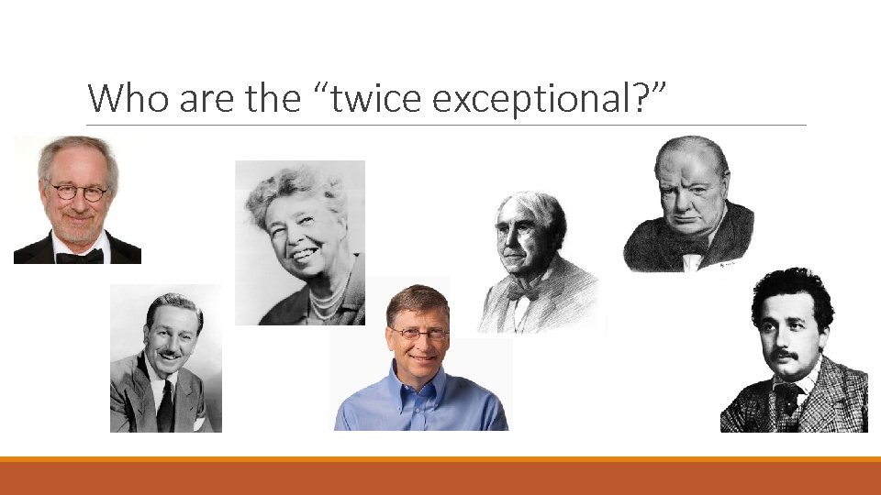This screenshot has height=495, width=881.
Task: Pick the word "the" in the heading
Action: click(x=261, y=98)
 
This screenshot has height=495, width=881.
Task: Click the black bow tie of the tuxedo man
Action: click(x=79, y=256)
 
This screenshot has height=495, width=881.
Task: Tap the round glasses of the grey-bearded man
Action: click(x=78, y=192)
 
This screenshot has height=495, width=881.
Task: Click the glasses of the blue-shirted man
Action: click(x=418, y=334)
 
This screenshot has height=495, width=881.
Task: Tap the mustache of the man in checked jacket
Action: click(x=783, y=355)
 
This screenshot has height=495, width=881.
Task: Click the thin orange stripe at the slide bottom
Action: click(x=440, y=458)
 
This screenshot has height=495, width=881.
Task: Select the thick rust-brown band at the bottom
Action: click(x=440, y=478)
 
